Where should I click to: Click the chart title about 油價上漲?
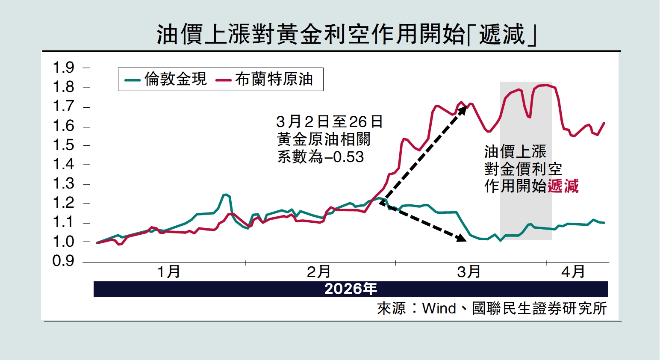tap(346, 34)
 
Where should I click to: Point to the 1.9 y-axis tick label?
tap(63, 68)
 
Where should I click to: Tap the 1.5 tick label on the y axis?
tap(63, 145)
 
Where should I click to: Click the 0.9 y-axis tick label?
tap(63, 261)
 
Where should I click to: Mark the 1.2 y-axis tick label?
tap(63, 203)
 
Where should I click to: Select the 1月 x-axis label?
tap(168, 271)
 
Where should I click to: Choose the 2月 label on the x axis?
tap(318, 271)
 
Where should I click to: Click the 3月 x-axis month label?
tap(468, 271)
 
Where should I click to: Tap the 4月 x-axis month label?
tap(573, 271)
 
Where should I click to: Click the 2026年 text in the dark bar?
tap(351, 289)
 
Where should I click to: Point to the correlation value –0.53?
tap(345, 157)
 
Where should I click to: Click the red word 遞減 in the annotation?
tap(563, 186)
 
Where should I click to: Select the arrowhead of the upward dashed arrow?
tap(463, 109)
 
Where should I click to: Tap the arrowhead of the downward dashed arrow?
tap(462, 238)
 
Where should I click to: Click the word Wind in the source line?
tap(439, 308)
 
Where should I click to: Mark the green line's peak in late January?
tap(225, 195)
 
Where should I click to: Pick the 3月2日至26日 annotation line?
tap(329, 122)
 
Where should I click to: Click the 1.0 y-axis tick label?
tap(63, 242)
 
